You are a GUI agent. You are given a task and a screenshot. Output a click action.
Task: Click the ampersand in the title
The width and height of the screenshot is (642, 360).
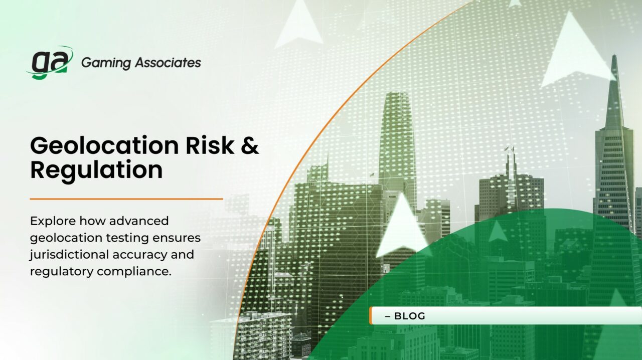pyautogui.click(x=250, y=145)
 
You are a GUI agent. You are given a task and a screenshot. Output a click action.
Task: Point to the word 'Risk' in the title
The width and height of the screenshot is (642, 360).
pyautogui.click(x=211, y=145)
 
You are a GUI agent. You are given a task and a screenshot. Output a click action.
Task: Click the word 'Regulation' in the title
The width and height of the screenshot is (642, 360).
pyautogui.click(x=96, y=170)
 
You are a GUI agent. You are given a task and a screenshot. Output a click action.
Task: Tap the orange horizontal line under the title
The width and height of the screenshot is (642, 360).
pyautogui.click(x=126, y=199)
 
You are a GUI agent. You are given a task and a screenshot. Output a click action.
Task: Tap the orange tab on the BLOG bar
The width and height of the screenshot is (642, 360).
pyautogui.click(x=371, y=316)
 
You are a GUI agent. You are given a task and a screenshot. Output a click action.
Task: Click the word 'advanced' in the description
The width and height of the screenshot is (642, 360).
pyautogui.click(x=139, y=221)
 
